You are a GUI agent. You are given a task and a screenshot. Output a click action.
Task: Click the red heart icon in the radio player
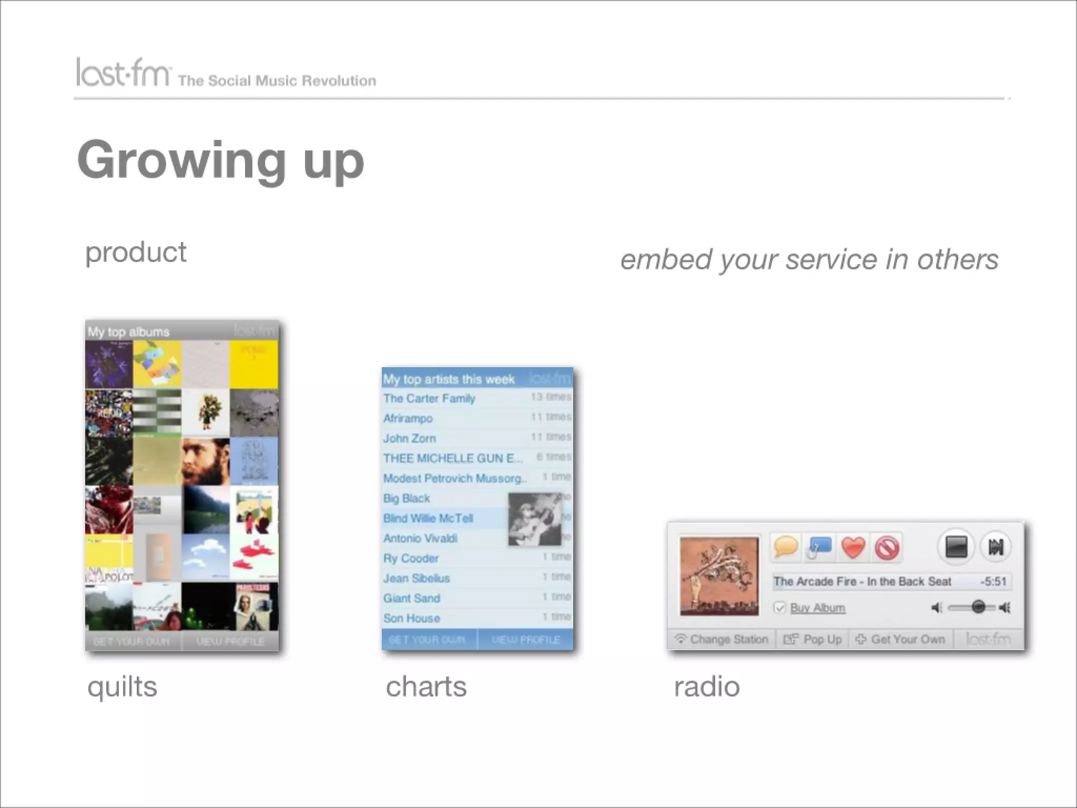point(853,548)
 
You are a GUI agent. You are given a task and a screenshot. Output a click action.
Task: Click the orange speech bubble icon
point(786,547)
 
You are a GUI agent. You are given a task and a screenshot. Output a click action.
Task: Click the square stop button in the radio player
point(956,547)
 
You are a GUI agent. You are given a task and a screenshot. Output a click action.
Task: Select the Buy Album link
point(817,608)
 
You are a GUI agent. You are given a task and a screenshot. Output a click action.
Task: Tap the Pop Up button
point(813,639)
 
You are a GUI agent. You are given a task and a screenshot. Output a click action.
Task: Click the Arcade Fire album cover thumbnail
point(719,575)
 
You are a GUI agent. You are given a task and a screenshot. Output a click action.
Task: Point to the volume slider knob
point(978,607)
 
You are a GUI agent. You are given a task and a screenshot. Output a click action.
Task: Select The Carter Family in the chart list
point(429,398)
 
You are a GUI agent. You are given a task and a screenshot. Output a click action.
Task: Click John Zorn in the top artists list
point(409,438)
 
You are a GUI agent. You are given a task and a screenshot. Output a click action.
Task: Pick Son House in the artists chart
point(411,618)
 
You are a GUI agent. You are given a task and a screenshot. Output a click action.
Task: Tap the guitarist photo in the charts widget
point(534,519)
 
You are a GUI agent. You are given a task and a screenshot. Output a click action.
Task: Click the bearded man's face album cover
point(206,461)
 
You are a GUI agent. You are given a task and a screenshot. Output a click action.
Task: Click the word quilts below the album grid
point(122,686)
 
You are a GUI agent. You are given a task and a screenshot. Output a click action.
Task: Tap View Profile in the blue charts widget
point(525,640)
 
